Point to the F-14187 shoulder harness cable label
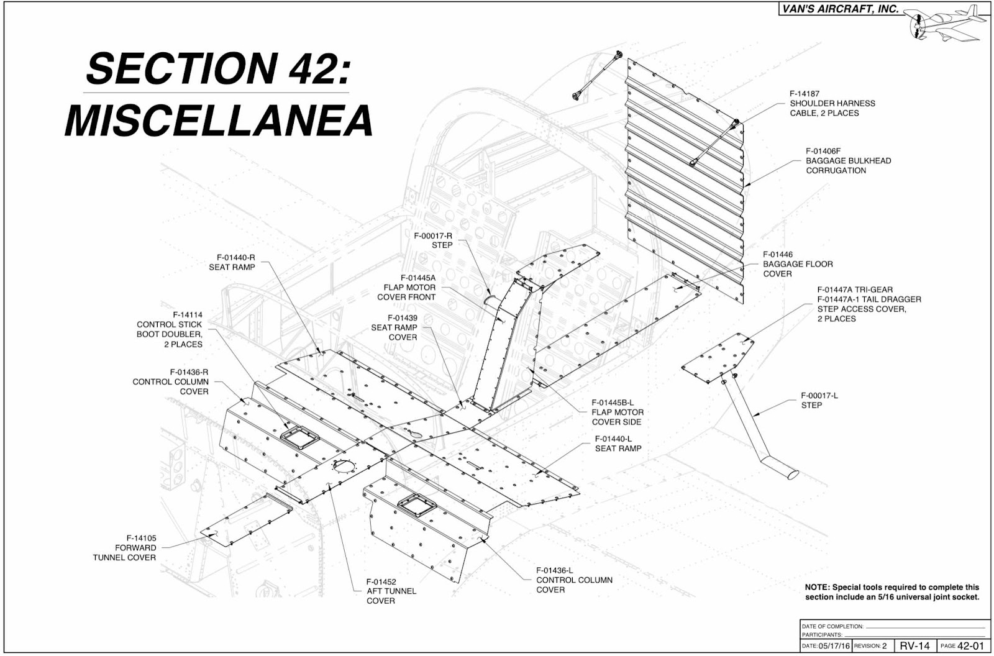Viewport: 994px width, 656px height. (x=832, y=103)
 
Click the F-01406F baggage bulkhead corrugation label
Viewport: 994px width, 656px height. (x=848, y=160)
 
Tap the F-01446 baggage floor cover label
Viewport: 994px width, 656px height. (x=798, y=264)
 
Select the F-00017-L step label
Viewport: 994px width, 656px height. (x=819, y=400)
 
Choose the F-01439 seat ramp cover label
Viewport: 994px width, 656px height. (x=394, y=327)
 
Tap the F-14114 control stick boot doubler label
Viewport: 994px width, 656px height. (x=170, y=329)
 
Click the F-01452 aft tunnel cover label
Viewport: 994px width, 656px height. (x=391, y=591)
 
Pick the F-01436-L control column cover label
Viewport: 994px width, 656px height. (x=574, y=580)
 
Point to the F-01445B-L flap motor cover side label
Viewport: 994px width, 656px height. (x=617, y=412)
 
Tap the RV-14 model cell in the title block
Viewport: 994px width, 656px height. (x=915, y=646)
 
